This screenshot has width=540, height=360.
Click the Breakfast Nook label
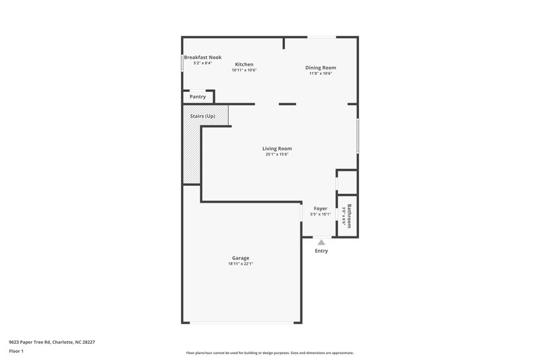(x=202, y=57)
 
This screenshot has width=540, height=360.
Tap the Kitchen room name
(x=244, y=64)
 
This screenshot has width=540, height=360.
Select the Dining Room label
(x=320, y=68)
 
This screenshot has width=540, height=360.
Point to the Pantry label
(x=197, y=97)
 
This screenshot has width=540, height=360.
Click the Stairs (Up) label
(x=202, y=116)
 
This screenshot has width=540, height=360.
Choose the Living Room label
(x=277, y=149)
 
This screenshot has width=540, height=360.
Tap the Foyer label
(x=320, y=209)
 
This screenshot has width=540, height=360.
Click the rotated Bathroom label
(x=349, y=216)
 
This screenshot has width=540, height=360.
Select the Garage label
(x=240, y=258)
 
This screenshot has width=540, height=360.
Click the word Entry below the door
(x=321, y=251)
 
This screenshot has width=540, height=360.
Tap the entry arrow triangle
(x=321, y=242)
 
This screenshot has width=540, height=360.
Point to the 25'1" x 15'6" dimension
(x=277, y=155)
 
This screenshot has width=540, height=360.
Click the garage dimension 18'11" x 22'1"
(x=240, y=264)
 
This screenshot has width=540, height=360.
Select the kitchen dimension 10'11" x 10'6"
(x=244, y=70)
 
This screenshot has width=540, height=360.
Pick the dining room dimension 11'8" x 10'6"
(x=320, y=74)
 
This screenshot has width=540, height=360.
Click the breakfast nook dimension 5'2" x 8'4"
(x=202, y=63)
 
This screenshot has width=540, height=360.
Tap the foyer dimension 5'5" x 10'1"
(x=320, y=215)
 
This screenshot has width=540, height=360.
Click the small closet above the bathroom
(x=347, y=181)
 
